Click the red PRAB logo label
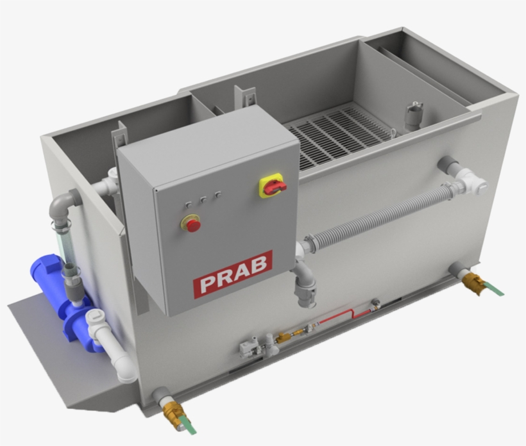233,274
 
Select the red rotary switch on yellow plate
273,186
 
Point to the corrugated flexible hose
378,215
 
